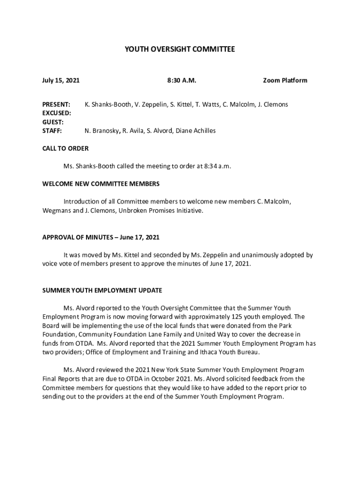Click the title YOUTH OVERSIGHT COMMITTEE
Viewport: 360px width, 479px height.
(180, 49)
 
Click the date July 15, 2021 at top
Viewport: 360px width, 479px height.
(61, 80)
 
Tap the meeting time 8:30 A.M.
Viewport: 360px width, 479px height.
(181, 80)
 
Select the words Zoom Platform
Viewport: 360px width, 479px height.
(285, 80)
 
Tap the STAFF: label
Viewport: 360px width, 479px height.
(52, 131)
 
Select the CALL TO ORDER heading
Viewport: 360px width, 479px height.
(65, 148)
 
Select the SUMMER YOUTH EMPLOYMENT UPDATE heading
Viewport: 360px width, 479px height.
(102, 290)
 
